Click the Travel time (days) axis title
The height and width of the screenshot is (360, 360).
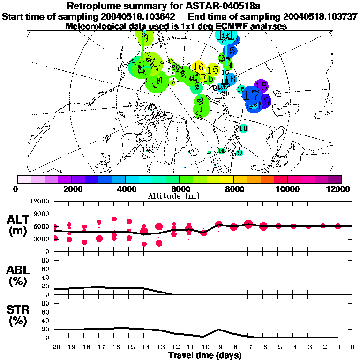click(205, 356)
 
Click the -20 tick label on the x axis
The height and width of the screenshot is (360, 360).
click(54, 347)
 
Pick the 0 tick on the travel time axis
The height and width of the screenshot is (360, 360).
click(352, 347)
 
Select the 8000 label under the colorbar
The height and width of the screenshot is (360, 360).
click(233, 189)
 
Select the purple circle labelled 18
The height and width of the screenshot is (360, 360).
click(262, 86)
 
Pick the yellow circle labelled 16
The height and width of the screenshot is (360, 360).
click(198, 67)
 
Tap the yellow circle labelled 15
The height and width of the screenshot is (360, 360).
click(212, 70)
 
